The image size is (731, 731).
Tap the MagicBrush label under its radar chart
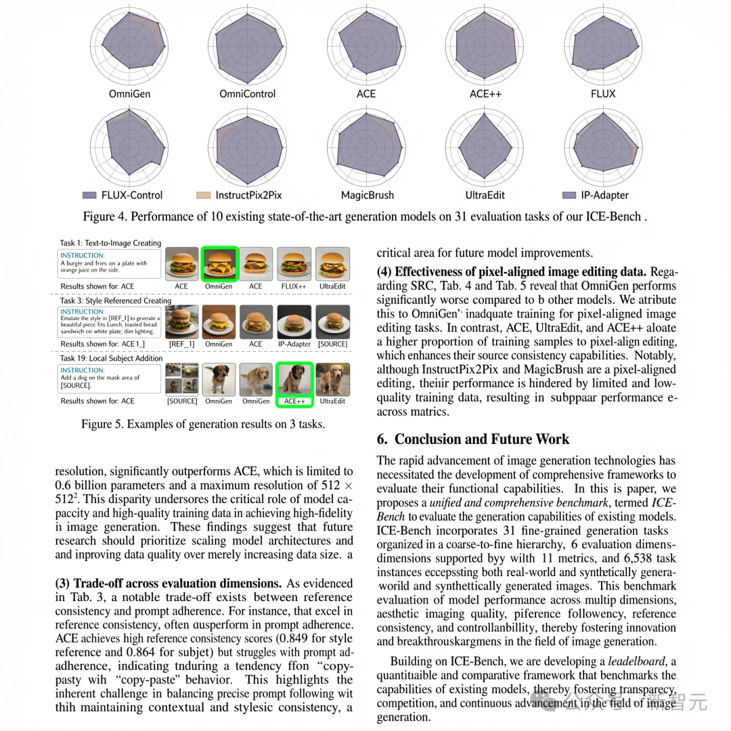367,195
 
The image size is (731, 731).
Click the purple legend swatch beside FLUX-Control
89,195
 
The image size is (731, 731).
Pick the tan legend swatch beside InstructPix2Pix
204,195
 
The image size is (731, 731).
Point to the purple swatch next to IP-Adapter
570,195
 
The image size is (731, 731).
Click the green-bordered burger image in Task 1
219,263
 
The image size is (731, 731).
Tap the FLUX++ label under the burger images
294,286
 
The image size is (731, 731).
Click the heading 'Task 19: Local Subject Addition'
112,358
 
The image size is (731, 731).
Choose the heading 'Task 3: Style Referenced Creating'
116,301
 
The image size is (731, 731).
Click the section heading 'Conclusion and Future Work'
483,439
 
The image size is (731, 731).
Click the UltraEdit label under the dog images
332,401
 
